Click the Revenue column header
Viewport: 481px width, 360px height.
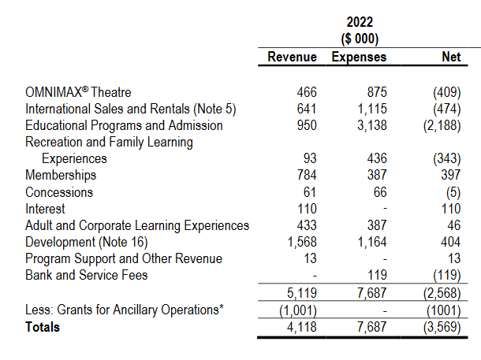pyautogui.click(x=292, y=58)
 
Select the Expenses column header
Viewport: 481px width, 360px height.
pyautogui.click(x=359, y=58)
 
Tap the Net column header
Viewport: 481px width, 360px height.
pyautogui.click(x=451, y=58)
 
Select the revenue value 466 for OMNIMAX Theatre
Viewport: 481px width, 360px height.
pyautogui.click(x=306, y=92)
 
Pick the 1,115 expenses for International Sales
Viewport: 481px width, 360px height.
pyautogui.click(x=370, y=109)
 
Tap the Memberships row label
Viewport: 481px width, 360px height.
pyautogui.click(x=61, y=175)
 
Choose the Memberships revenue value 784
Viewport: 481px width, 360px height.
pyautogui.click(x=306, y=175)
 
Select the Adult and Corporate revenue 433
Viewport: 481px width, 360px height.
pyautogui.click(x=306, y=225)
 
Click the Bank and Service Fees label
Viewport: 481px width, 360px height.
pyautogui.click(x=87, y=275)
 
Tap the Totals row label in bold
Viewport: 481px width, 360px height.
pyautogui.click(x=43, y=326)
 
